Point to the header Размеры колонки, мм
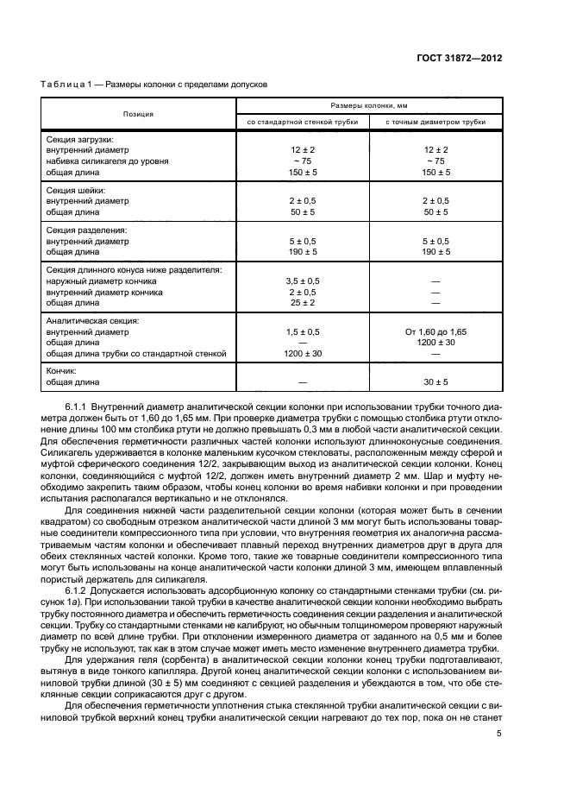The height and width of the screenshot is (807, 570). (368, 105)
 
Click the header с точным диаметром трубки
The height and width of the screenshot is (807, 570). (435, 122)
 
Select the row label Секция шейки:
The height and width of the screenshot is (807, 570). (76, 189)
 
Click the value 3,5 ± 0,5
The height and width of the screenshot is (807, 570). (302, 281)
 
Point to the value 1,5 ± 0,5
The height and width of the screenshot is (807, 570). (302, 331)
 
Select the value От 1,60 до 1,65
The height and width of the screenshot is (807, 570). (435, 331)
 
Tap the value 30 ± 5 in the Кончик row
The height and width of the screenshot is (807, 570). (435, 381)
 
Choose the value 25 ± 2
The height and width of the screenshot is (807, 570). (302, 303)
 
